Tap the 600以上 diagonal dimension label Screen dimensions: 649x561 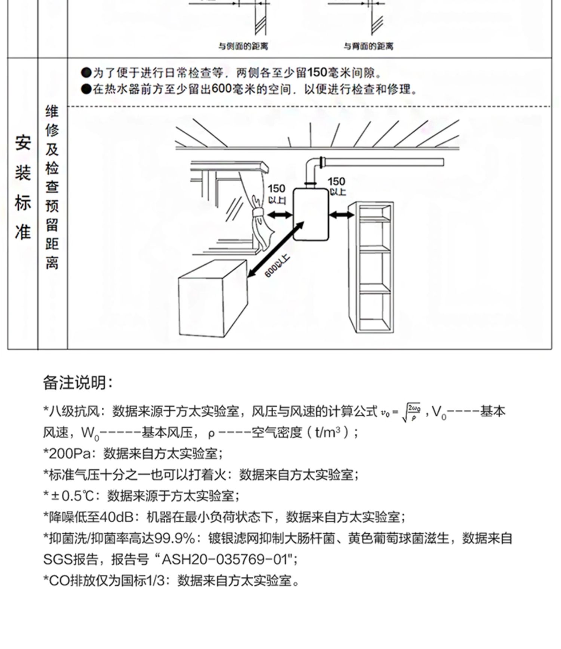point(277,266)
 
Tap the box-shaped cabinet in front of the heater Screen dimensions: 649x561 point(212,300)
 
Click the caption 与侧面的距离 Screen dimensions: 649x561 point(243,46)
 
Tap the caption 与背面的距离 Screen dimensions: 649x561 point(369,46)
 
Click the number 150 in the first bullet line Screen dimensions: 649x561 point(318,72)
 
